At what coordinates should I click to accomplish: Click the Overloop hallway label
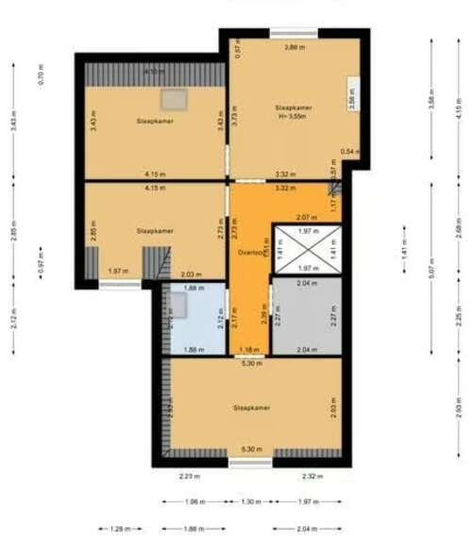tap(249, 252)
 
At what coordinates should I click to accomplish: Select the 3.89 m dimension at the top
tap(295, 46)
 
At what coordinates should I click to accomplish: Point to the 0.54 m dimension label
tap(349, 151)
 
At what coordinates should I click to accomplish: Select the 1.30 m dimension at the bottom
tap(251, 502)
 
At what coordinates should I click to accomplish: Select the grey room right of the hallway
tap(305, 317)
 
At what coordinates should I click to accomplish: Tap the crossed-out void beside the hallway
tap(305, 248)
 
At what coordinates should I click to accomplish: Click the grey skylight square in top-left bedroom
tap(173, 97)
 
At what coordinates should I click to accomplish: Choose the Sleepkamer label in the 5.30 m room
tap(252, 407)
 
